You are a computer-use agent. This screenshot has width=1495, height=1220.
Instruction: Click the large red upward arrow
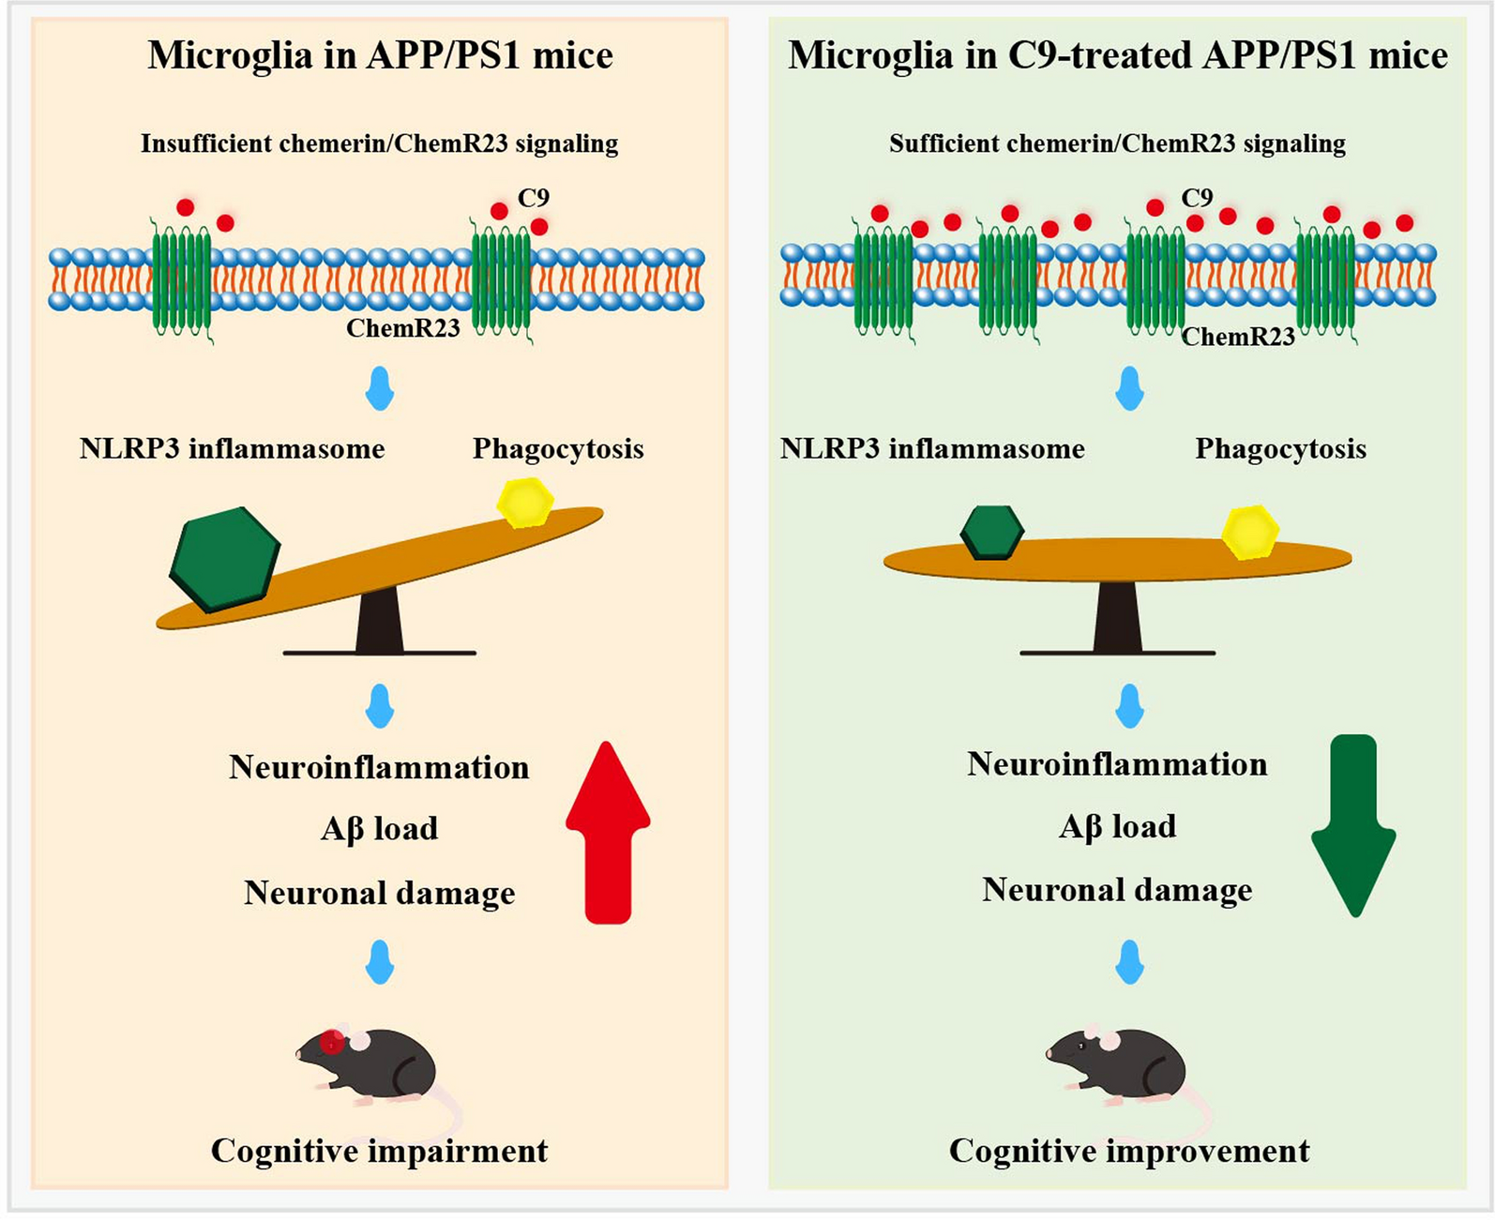coord(608,835)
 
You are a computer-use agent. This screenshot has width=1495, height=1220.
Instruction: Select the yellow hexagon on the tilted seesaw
coord(525,503)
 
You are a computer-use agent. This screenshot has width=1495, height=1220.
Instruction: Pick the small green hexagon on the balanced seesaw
coord(992,532)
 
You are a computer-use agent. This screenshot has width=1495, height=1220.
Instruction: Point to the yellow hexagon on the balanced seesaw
coord(1251,532)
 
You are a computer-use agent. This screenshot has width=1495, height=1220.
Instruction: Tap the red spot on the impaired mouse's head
coord(331,1042)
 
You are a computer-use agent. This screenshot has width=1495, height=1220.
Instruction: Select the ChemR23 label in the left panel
coord(402,328)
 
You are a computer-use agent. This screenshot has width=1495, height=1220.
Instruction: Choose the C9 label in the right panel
coord(1197,198)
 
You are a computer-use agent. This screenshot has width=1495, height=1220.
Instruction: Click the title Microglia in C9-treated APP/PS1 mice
coord(1117,55)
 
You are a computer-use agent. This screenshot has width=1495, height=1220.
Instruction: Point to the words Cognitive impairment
coord(379,1151)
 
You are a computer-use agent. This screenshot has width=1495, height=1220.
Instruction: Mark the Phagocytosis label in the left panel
coord(558,449)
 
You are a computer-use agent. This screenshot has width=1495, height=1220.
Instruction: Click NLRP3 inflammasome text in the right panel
coord(932,449)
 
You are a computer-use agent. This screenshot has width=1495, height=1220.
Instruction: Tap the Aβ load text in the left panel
coord(379,829)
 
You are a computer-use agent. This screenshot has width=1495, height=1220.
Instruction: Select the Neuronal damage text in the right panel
coord(1117,890)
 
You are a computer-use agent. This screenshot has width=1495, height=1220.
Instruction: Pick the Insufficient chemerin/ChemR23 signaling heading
coord(379,143)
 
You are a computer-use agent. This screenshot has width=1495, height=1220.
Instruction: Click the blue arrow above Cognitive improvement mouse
coord(1129,962)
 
